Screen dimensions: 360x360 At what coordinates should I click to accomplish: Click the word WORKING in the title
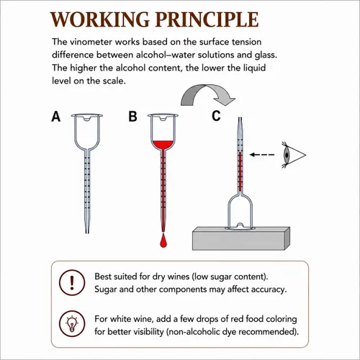pyautogui.click(x=100, y=19)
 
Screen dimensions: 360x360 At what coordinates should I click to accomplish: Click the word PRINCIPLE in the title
pyautogui.click(x=207, y=19)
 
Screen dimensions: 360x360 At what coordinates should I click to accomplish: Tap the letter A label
pyautogui.click(x=56, y=117)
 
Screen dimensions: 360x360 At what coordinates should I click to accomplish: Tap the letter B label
pyautogui.click(x=132, y=117)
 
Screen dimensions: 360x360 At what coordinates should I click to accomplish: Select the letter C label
pyautogui.click(x=216, y=116)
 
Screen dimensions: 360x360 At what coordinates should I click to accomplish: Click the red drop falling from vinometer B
pyautogui.click(x=163, y=240)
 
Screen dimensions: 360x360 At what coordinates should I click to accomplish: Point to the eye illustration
pyautogui.click(x=293, y=155)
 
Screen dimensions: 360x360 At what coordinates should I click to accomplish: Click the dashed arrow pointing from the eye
pyautogui.click(x=262, y=155)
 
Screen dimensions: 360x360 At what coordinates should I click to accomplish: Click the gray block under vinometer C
pyautogui.click(x=241, y=238)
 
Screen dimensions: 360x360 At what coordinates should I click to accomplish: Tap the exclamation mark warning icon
pyautogui.click(x=72, y=282)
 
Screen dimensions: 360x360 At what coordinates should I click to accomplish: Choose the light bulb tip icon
pyautogui.click(x=72, y=324)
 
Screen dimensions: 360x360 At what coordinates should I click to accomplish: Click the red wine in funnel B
pyautogui.click(x=163, y=145)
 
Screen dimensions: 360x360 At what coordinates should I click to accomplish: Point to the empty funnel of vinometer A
pyautogui.click(x=87, y=131)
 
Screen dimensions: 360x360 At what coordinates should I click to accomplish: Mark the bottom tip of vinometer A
pyautogui.click(x=87, y=233)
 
